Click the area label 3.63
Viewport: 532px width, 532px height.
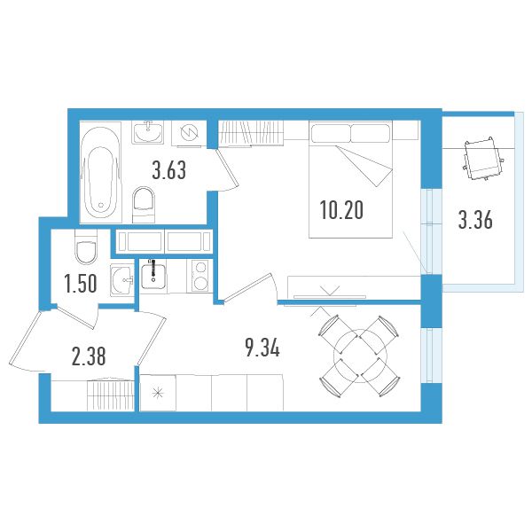pos(169,170)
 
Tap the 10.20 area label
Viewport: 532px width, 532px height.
pos(341,210)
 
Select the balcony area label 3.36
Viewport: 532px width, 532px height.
pos(475,220)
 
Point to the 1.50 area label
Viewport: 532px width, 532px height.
pos(81,284)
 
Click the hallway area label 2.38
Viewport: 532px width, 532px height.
pos(89,356)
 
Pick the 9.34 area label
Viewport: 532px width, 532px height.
pos(262,348)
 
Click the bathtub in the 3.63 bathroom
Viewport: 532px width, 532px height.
pos(100,172)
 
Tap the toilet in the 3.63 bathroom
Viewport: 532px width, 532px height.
pos(144,205)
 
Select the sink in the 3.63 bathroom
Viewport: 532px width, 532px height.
pos(148,132)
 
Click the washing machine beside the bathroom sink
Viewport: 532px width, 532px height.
pos(189,133)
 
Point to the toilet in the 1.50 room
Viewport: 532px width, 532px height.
pos(85,247)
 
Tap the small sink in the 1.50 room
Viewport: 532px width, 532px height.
pos(121,280)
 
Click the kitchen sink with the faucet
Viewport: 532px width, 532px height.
pos(153,274)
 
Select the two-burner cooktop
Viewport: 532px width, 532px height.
pos(200,275)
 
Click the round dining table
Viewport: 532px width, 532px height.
pos(360,356)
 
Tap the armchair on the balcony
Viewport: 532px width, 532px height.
pos(483,159)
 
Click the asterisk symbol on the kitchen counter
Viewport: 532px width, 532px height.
pos(158,393)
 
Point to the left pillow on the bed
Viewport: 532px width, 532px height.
pos(331,133)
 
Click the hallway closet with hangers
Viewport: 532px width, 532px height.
pos(111,395)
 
